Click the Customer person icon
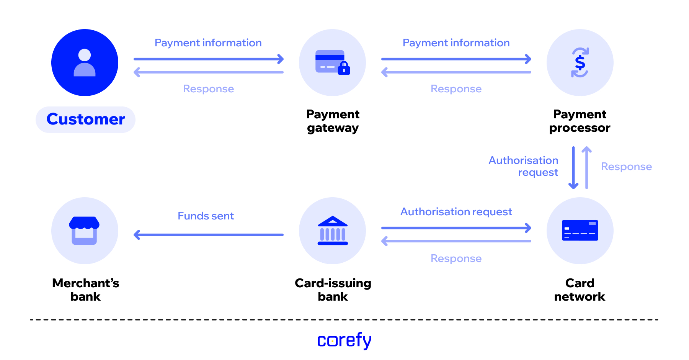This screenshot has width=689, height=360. pyautogui.click(x=85, y=62)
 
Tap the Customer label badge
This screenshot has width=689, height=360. pyautogui.click(x=85, y=119)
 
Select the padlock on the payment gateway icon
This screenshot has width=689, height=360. pyautogui.click(x=344, y=68)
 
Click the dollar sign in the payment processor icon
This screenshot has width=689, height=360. pyautogui.click(x=580, y=62)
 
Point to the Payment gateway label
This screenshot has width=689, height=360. pyautogui.click(x=333, y=121)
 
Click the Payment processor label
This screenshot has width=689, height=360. pyautogui.click(x=580, y=121)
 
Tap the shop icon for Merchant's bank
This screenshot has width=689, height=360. pyautogui.click(x=84, y=231)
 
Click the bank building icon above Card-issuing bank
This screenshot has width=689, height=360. pyautogui.click(x=333, y=231)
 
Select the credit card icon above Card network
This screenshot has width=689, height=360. pyautogui.click(x=580, y=230)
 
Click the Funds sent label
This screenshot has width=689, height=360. pyautogui.click(x=206, y=216)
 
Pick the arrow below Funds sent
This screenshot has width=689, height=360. pyautogui.click(x=209, y=235)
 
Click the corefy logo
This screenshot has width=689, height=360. pyautogui.click(x=344, y=340)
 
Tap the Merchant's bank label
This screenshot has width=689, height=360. pyautogui.click(x=85, y=290)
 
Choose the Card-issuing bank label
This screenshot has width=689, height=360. pyautogui.click(x=333, y=290)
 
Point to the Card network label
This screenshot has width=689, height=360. pyautogui.click(x=580, y=290)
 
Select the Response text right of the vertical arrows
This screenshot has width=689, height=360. pyautogui.click(x=626, y=167)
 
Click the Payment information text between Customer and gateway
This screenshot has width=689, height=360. pyautogui.click(x=208, y=43)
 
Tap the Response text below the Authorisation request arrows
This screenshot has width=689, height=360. pyautogui.click(x=456, y=259)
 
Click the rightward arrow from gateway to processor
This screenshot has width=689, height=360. pyautogui.click(x=456, y=59)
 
